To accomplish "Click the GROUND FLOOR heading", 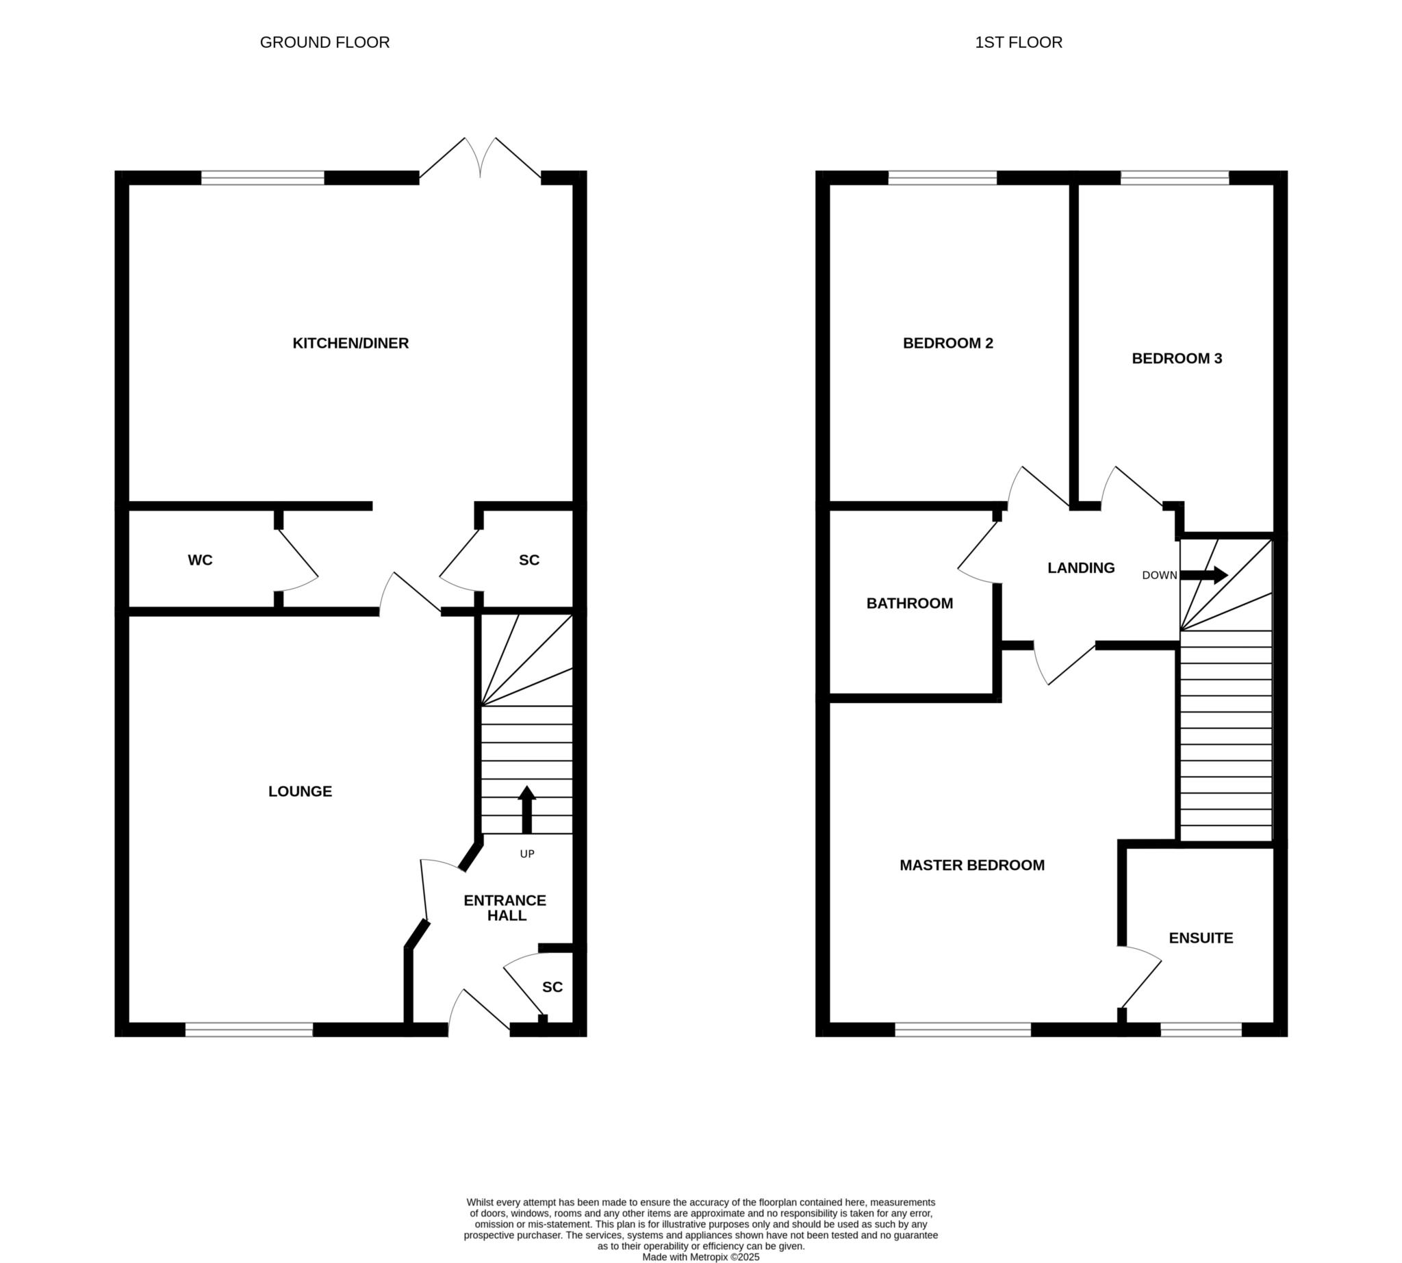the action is [x=324, y=42].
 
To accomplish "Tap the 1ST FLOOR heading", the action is [x=1018, y=42].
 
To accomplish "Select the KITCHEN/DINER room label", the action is [x=350, y=343].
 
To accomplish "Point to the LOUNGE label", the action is [x=301, y=791].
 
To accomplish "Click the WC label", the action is [x=200, y=560].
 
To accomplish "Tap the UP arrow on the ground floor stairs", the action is [x=527, y=809].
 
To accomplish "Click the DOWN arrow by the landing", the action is [x=1204, y=574].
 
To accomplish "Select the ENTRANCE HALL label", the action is [x=505, y=908].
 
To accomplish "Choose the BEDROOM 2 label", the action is [x=948, y=343].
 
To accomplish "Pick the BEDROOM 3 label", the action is [x=1177, y=358].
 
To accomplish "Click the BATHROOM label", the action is [x=910, y=603].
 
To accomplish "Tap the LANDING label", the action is [x=1082, y=567].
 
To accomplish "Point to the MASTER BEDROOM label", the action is [x=972, y=865].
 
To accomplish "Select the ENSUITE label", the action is [x=1201, y=938].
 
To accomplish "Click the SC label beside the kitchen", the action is [x=529, y=560].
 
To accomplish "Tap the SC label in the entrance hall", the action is [x=552, y=987].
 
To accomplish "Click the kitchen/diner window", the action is [x=263, y=178].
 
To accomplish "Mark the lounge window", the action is [x=249, y=1030].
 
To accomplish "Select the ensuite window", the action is [x=1201, y=1030].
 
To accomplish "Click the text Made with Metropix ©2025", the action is [x=701, y=1257].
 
